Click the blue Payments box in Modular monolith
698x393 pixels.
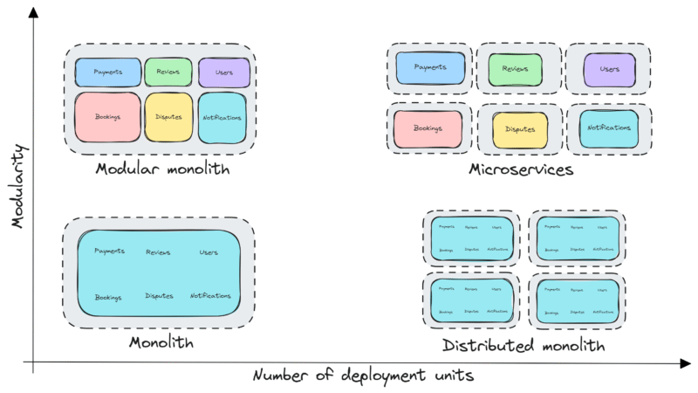coord(107,72)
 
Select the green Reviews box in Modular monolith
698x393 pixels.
coord(168,72)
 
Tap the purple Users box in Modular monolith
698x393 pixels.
coord(224,72)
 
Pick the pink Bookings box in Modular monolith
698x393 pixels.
coord(107,117)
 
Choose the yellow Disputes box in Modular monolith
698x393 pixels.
coord(168,117)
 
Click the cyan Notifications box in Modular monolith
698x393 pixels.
coord(224,117)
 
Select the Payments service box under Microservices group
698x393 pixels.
coord(430,68)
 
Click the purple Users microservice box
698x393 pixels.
coord(609,68)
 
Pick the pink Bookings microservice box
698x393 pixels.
coord(428,128)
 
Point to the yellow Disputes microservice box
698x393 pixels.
coord(520,129)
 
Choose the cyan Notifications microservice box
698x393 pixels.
coord(609,128)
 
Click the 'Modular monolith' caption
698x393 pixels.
coord(162,169)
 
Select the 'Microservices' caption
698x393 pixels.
coord(520,169)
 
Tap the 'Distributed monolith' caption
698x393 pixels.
coord(523,346)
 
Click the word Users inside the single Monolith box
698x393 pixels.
coord(209,252)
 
